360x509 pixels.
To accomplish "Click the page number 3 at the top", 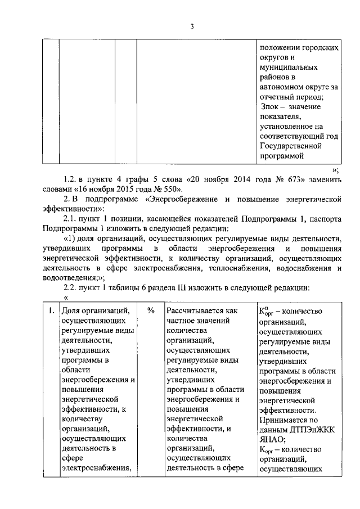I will click(191, 26).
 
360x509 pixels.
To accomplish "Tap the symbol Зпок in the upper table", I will click(272, 107).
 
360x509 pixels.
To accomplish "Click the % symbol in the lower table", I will click(151, 310).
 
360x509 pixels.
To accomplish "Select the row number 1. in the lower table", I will click(51, 310).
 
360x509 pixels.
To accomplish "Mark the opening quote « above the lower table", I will click(66, 298).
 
